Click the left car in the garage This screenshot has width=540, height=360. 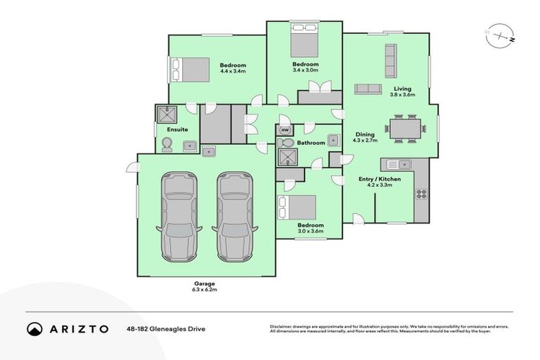pos(181,215)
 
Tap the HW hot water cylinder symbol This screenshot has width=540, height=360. pos(285,130)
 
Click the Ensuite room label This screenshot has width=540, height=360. pos(176,130)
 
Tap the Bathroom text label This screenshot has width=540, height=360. pos(311,143)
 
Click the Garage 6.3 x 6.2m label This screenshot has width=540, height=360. pos(205,286)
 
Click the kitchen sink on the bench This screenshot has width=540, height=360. pos(398,165)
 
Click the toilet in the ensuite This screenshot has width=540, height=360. pos(167,145)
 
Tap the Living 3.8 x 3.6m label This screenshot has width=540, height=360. pos(402,92)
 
